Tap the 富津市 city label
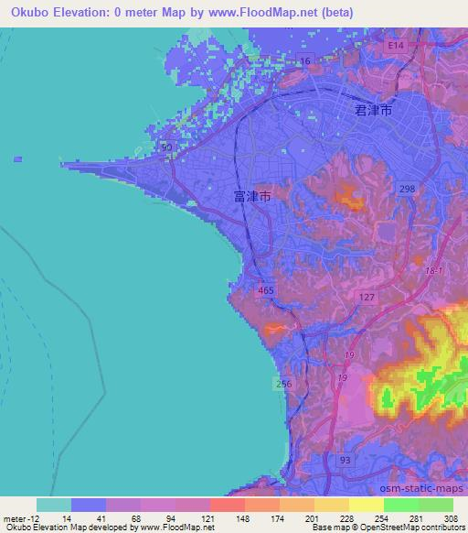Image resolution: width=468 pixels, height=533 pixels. click(x=251, y=195)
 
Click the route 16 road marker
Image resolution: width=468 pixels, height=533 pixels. click(x=305, y=60)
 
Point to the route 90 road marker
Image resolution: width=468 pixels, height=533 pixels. click(x=166, y=147)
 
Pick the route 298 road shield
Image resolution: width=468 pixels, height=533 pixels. click(x=406, y=187)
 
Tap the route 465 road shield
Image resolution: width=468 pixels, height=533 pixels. click(x=266, y=290)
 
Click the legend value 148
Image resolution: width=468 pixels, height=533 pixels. click(x=244, y=518)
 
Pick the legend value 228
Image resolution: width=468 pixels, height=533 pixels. click(x=347, y=518)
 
